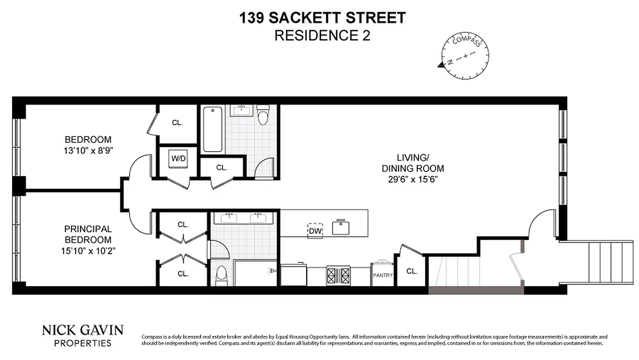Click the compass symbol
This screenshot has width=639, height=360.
click(x=466, y=56)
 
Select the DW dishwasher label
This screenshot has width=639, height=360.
click(x=315, y=231)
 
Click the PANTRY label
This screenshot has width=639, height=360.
click(x=382, y=275)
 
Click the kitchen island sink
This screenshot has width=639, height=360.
click(x=341, y=227)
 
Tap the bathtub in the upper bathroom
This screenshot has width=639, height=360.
click(x=212, y=129)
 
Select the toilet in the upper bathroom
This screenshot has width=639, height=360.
click(x=262, y=115)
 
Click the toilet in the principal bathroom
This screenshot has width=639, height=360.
click(x=221, y=276)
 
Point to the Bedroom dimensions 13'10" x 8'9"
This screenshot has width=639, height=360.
click(x=88, y=151)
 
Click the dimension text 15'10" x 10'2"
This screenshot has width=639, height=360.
click(x=88, y=251)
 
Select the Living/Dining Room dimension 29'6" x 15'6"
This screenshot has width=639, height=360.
click(x=413, y=180)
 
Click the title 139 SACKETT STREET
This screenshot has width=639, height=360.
click(x=322, y=18)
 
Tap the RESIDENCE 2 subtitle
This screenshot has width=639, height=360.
click(x=322, y=36)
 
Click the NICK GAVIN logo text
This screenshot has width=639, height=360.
click(x=82, y=330)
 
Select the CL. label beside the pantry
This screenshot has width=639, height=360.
click(x=412, y=271)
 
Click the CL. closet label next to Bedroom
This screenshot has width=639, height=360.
click(x=177, y=122)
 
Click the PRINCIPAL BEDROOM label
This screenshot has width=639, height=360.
click(x=88, y=234)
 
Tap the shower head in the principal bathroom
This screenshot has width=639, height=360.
click(x=271, y=271)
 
